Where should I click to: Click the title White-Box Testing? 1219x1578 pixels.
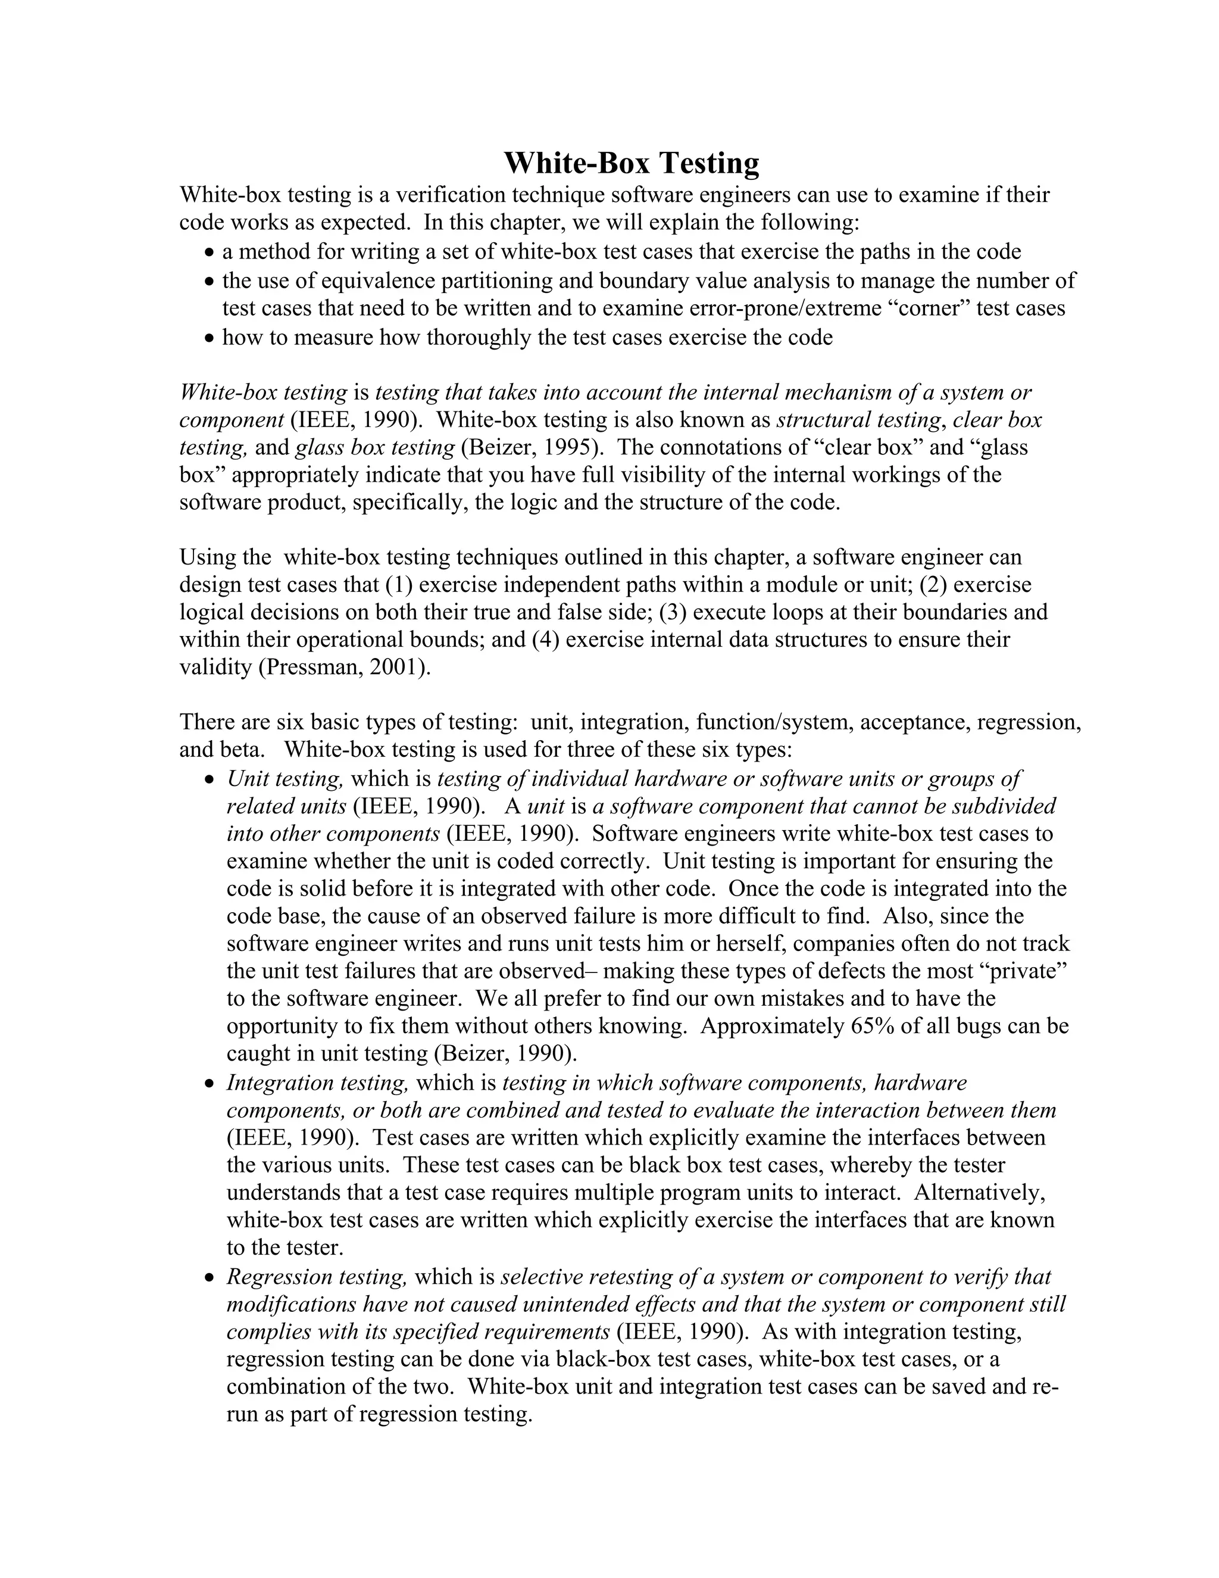[630, 163]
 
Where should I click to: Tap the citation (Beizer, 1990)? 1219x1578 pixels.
[505, 1053]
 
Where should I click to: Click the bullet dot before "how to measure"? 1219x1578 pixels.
[210, 338]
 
